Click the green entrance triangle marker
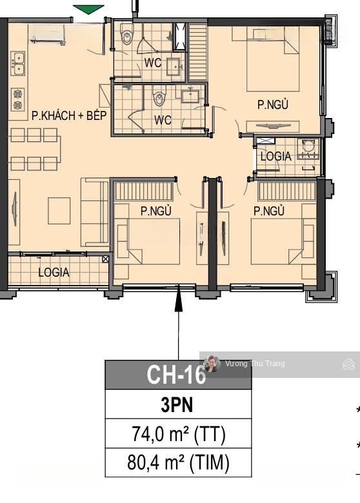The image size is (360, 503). (x=88, y=10)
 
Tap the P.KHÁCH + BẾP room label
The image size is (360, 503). (x=69, y=115)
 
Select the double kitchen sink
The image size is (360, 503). (x=18, y=63)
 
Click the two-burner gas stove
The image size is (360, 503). (x=18, y=99)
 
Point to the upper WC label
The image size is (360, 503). (x=153, y=63)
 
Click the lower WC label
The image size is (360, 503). (x=163, y=120)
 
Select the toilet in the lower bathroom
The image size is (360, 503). (x=159, y=96)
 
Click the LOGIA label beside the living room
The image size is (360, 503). (x=54, y=272)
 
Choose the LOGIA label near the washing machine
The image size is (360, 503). (x=276, y=156)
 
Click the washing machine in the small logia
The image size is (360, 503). (x=308, y=149)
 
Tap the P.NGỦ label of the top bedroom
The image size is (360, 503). (x=273, y=105)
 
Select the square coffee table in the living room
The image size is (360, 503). (x=59, y=211)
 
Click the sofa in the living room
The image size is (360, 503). (x=95, y=212)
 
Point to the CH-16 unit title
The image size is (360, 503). (x=176, y=375)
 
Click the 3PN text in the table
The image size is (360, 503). (x=177, y=405)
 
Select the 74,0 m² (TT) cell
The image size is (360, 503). (x=179, y=434)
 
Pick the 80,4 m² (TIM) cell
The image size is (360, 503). (x=179, y=462)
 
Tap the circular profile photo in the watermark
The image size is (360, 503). (x=212, y=364)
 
